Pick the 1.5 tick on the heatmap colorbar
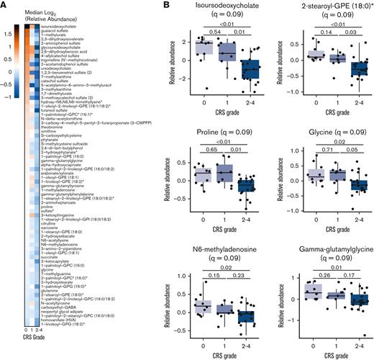click(8, 33)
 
